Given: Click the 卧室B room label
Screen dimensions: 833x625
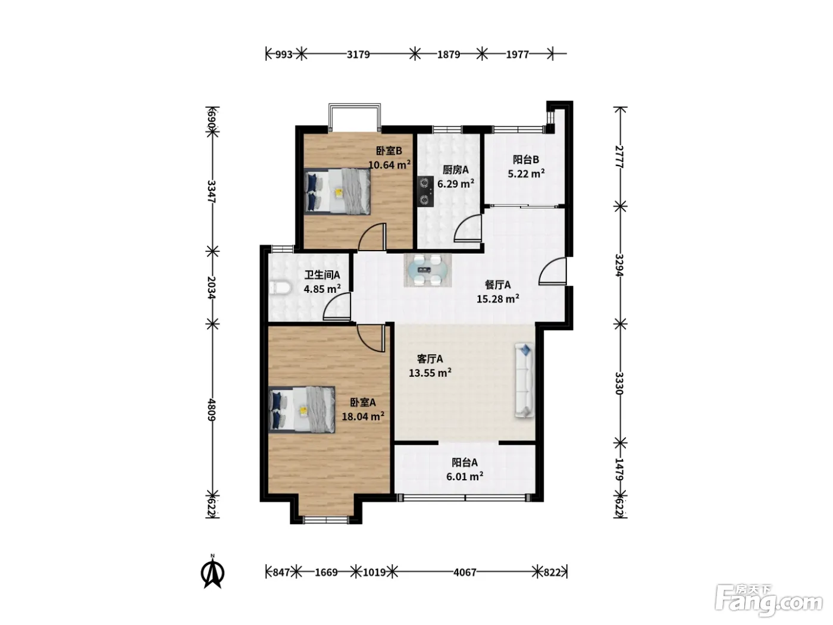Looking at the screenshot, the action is click(x=389, y=151).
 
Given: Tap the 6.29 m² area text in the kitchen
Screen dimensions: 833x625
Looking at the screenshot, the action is click(x=455, y=184).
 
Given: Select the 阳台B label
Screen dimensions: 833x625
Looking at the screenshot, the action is click(x=526, y=160).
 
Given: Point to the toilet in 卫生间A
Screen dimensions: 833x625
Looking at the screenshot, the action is click(x=280, y=287).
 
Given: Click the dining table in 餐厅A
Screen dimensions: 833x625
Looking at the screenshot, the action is click(x=428, y=270).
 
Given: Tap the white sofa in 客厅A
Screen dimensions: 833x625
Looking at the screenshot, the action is click(x=524, y=380).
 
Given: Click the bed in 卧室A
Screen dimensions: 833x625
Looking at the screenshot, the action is click(x=302, y=410).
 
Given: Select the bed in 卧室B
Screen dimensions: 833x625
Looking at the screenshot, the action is click(x=337, y=191).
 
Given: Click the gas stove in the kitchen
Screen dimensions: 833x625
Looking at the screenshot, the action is click(x=425, y=191).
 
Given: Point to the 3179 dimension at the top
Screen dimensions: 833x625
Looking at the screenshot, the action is click(x=358, y=55).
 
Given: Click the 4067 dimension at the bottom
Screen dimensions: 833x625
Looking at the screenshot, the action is click(x=465, y=572).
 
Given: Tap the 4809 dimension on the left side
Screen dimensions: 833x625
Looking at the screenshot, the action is click(x=212, y=410).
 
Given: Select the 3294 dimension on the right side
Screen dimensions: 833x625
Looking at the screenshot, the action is click(x=619, y=265).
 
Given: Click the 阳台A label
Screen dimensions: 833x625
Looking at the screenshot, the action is click(x=465, y=462).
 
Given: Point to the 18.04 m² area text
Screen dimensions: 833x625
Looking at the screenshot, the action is click(x=363, y=416).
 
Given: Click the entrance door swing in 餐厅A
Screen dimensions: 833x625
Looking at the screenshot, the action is click(x=552, y=271).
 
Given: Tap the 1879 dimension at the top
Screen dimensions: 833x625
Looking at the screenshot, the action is click(x=449, y=55).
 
